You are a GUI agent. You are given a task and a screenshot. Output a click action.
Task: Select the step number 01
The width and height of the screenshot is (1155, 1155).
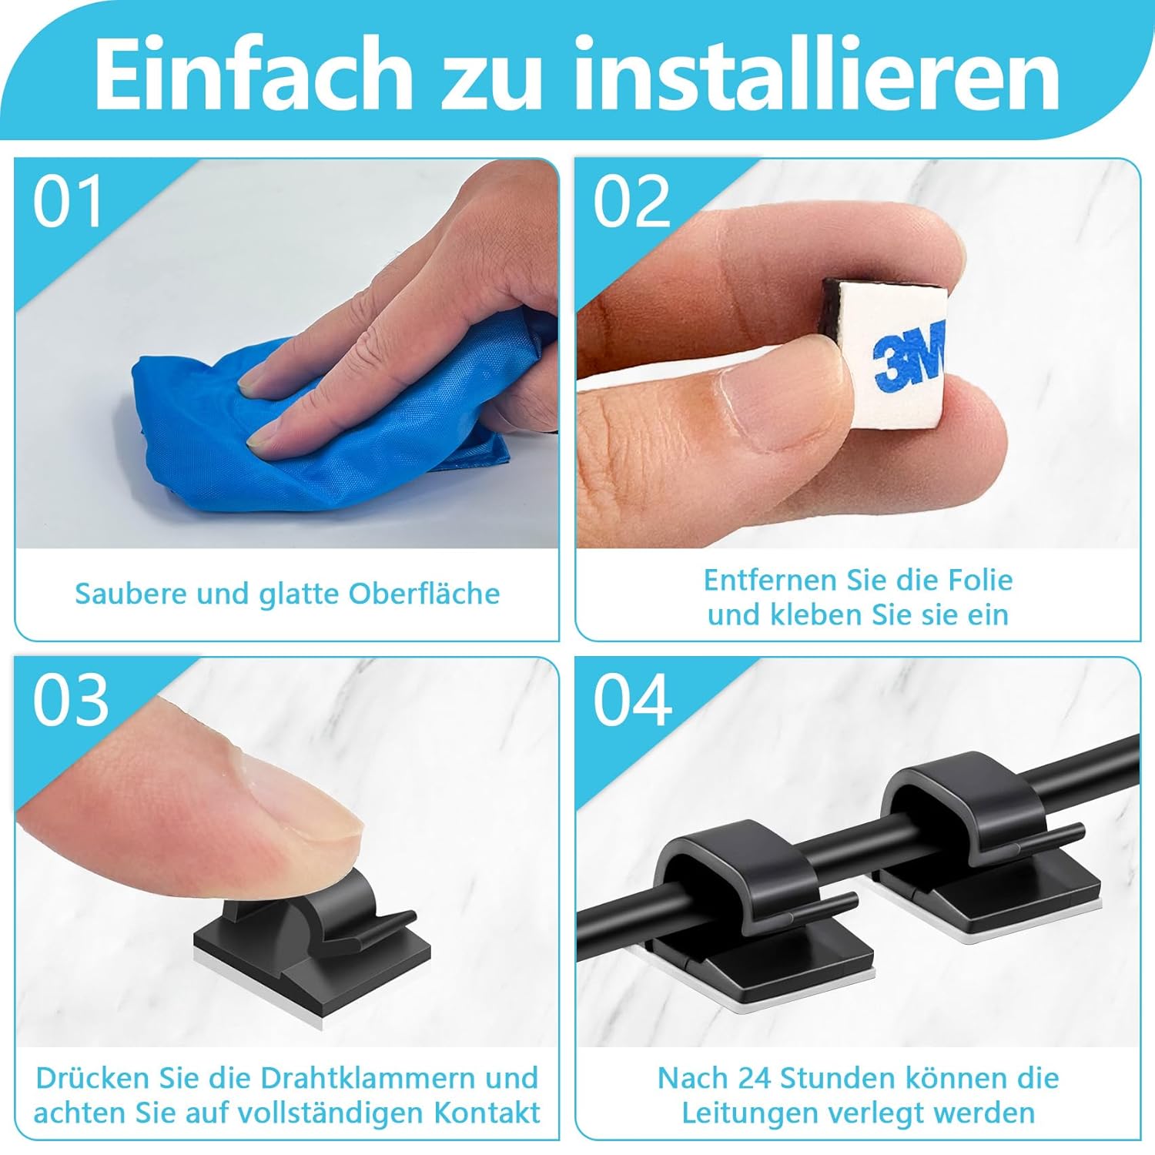[68, 202]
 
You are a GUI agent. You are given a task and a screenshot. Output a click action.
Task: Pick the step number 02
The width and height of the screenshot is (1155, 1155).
[631, 202]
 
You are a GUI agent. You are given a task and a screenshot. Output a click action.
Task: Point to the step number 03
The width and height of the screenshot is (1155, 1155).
[70, 701]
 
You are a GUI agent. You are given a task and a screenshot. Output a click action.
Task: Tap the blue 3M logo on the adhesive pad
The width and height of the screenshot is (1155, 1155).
[909, 358]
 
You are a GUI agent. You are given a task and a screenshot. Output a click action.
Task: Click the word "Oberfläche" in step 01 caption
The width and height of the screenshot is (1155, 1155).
[424, 594]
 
